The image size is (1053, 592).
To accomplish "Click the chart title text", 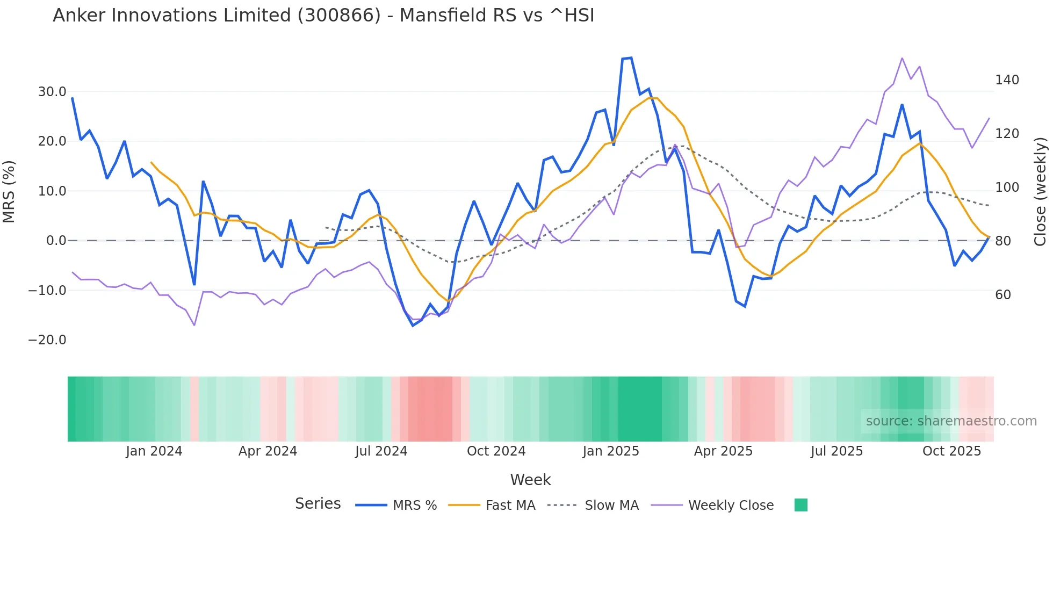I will click(323, 16).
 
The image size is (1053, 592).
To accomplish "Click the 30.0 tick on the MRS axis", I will click(52, 92).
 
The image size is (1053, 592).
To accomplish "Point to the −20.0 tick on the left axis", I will click(47, 340).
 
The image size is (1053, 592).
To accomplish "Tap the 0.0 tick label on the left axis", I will click(56, 241).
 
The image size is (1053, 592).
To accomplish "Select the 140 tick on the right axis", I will click(1007, 80).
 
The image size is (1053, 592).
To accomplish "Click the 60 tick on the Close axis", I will click(1002, 295).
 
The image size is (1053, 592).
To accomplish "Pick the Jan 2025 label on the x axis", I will click(611, 451).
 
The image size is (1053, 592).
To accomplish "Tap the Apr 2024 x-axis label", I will click(268, 451).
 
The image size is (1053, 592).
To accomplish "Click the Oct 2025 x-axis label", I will click(951, 451).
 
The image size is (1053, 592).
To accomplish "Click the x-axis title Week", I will click(530, 480).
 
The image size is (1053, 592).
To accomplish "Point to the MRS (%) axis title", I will click(9, 192).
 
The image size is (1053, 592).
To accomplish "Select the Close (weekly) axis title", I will click(1040, 192).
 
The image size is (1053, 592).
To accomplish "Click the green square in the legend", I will click(800, 505).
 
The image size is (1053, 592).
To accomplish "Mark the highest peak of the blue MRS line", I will click(631, 58).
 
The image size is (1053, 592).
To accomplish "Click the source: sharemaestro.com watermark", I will click(951, 421).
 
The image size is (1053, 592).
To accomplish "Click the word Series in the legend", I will click(318, 504).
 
